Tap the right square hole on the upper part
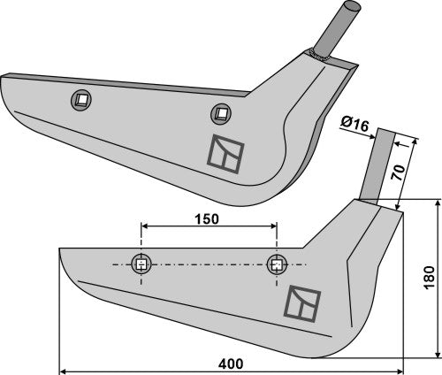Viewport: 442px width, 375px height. coord(219,112)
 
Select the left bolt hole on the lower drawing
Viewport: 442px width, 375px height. coord(140,264)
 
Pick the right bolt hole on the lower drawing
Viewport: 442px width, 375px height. coord(278,264)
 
